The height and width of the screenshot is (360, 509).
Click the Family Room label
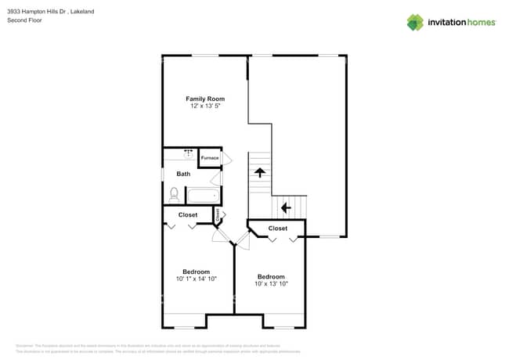(205, 99)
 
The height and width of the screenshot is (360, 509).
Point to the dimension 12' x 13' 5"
(205, 106)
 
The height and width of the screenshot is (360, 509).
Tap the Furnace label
(209, 158)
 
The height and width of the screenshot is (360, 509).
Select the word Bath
(183, 174)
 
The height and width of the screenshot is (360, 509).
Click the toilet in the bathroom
(174, 193)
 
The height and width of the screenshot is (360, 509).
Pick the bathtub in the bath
(204, 196)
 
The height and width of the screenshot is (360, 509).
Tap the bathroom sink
(188, 153)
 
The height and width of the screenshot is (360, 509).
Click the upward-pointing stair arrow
(258, 172)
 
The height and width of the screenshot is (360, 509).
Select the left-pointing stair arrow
(286, 207)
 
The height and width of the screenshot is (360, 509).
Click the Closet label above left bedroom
(188, 214)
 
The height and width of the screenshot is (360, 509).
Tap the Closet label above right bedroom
(278, 229)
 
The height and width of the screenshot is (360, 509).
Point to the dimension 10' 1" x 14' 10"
(196, 279)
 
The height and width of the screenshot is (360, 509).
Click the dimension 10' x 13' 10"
(271, 284)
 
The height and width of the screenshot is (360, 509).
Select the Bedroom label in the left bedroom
(196, 272)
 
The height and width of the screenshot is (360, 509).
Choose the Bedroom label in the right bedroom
(271, 276)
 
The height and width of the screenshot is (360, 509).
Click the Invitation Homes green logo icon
(414, 22)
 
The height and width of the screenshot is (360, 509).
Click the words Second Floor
(23, 20)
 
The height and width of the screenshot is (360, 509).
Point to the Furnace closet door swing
(227, 158)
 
